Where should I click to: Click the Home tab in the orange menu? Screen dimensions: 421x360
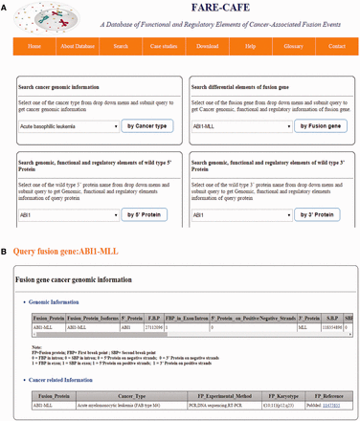pos(34,46)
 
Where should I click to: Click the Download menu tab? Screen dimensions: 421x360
pos(206,46)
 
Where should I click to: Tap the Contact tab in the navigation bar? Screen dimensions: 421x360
pos(336,46)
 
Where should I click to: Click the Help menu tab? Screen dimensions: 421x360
pos(249,46)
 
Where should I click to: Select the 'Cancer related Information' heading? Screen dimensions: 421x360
pos(67,379)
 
